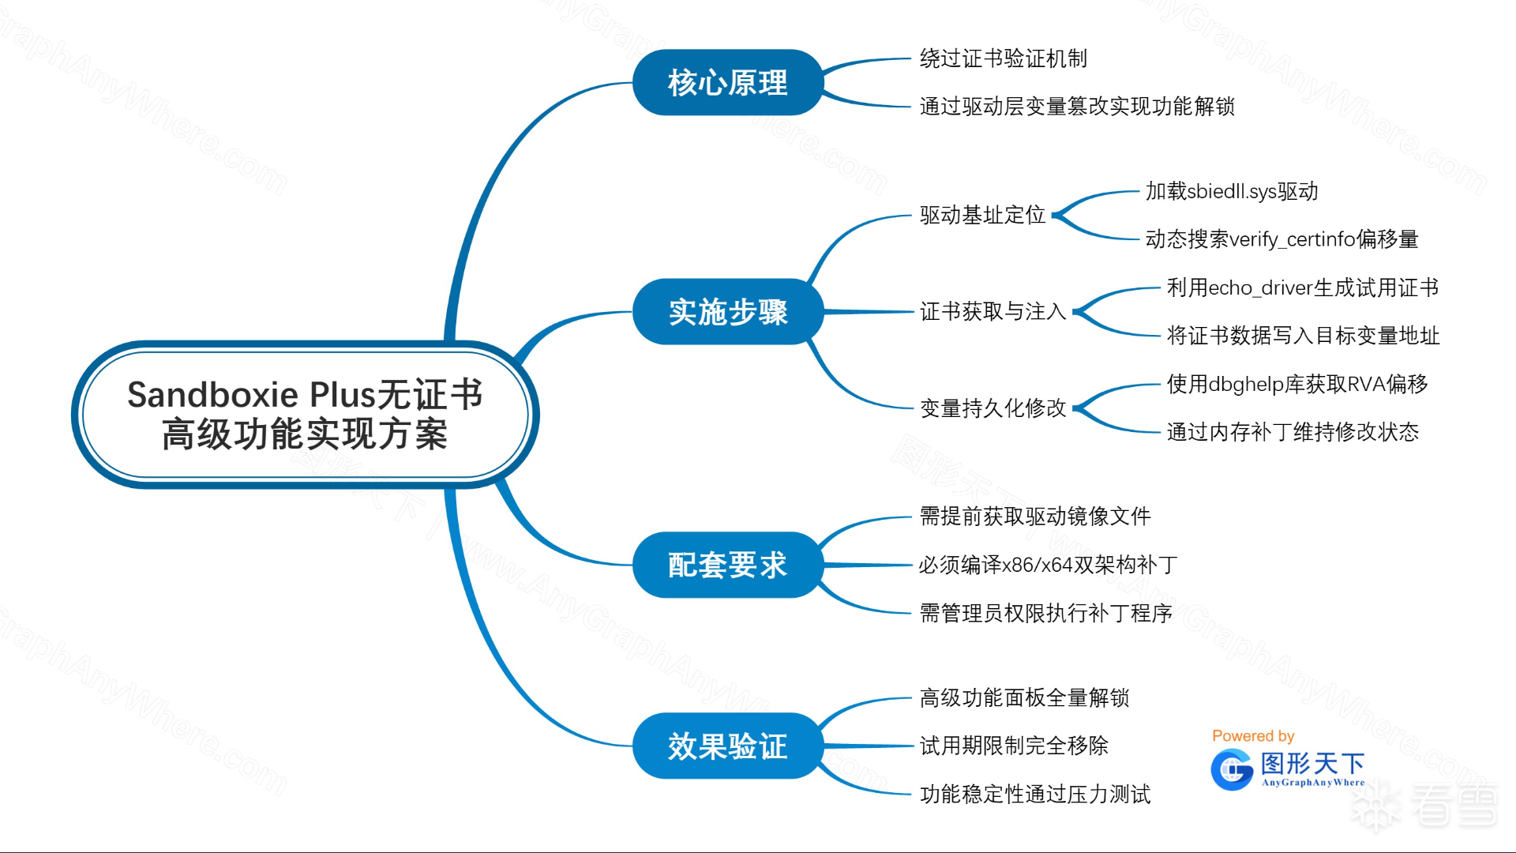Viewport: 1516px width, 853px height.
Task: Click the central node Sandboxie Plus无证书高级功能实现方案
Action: click(x=304, y=414)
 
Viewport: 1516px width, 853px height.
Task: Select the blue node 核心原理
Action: click(x=727, y=83)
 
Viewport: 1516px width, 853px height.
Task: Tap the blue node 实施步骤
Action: click(x=727, y=312)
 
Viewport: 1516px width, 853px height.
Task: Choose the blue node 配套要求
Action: click(x=727, y=565)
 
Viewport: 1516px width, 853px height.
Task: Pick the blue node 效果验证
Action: click(x=727, y=746)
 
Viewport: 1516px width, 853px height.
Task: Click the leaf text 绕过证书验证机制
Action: click(x=1003, y=58)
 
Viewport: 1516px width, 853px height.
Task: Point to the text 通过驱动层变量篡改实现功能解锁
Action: click(x=1077, y=107)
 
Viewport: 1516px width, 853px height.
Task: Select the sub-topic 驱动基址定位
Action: click(x=982, y=215)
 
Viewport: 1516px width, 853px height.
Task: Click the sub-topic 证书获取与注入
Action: click(x=993, y=312)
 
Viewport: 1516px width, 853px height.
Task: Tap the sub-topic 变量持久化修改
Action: click(x=993, y=408)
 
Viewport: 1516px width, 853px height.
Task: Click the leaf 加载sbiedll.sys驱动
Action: click(x=1231, y=191)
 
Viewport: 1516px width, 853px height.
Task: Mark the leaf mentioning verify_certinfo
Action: click(x=1281, y=239)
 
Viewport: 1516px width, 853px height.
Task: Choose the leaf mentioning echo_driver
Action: click(x=1302, y=287)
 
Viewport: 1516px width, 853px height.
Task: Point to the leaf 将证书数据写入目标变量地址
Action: click(x=1303, y=336)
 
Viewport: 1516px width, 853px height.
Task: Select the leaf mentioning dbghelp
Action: click(x=1296, y=384)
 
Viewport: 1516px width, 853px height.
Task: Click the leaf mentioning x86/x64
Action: click(x=1047, y=565)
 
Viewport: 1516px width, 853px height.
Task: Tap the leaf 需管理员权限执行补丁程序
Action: click(x=1045, y=613)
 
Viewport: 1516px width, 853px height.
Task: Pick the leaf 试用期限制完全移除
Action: click(x=1014, y=746)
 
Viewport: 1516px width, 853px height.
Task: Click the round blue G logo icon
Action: click(x=1232, y=770)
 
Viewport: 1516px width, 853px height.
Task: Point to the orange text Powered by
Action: click(x=1253, y=736)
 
